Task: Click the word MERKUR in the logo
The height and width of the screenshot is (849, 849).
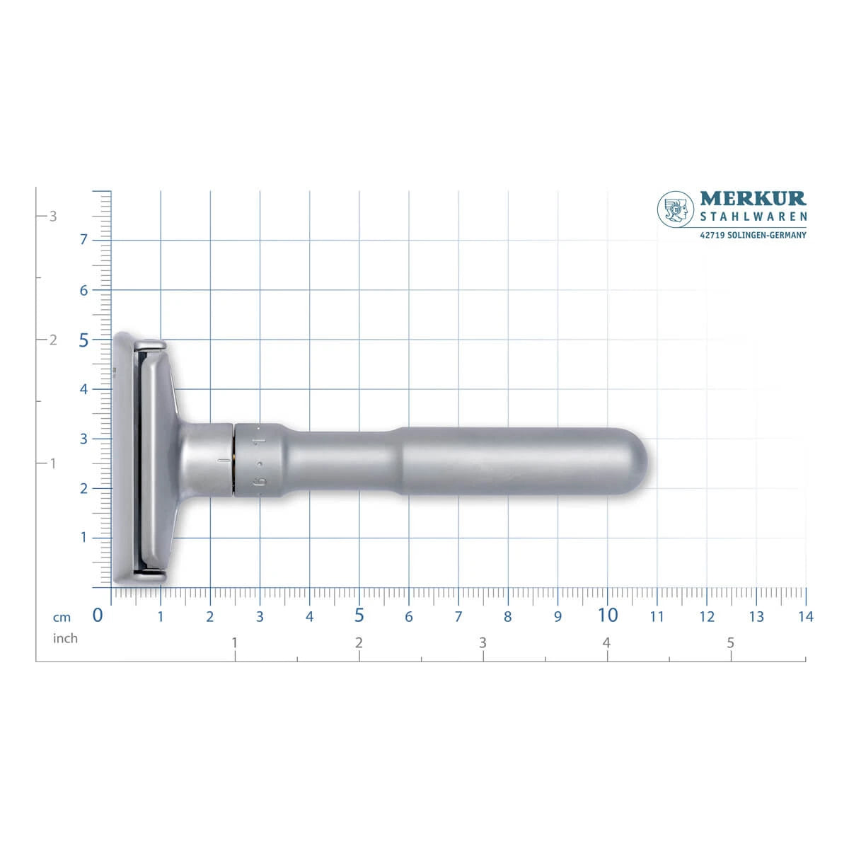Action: [753, 198]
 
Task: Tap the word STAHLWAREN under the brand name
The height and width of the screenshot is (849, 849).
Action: [753, 216]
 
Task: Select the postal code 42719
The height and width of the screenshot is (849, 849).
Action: [712, 236]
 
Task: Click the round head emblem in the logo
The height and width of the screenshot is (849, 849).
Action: [676, 209]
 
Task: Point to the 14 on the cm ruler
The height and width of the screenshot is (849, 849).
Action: [806, 617]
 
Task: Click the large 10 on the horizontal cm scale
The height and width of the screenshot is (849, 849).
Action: [608, 616]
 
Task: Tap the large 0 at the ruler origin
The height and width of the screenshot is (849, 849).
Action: [98, 616]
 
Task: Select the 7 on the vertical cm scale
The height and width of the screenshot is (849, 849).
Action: [83, 239]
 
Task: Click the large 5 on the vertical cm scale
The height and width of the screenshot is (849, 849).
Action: [83, 340]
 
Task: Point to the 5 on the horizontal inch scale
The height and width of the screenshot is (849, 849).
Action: [730, 643]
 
